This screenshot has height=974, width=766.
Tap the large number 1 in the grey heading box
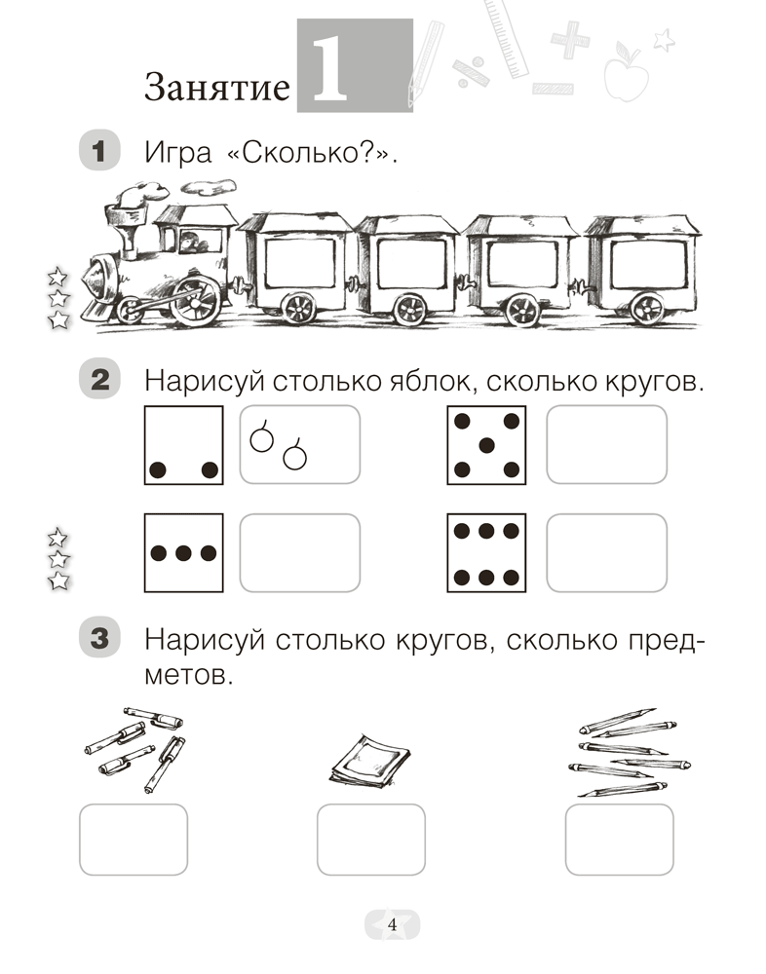tap(329, 71)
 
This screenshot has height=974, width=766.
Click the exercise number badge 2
tap(98, 380)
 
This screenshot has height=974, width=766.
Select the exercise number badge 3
tap(98, 640)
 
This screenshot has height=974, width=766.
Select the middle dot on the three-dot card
tap(182, 553)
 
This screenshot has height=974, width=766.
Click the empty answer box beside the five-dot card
tap(606, 445)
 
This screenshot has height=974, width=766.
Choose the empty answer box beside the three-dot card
tap(299, 553)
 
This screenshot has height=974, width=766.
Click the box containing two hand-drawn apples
tap(299, 445)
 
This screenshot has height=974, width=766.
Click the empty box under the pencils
tap(619, 840)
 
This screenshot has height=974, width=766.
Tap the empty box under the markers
tap(133, 840)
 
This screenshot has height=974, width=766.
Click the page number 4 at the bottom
tap(392, 925)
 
